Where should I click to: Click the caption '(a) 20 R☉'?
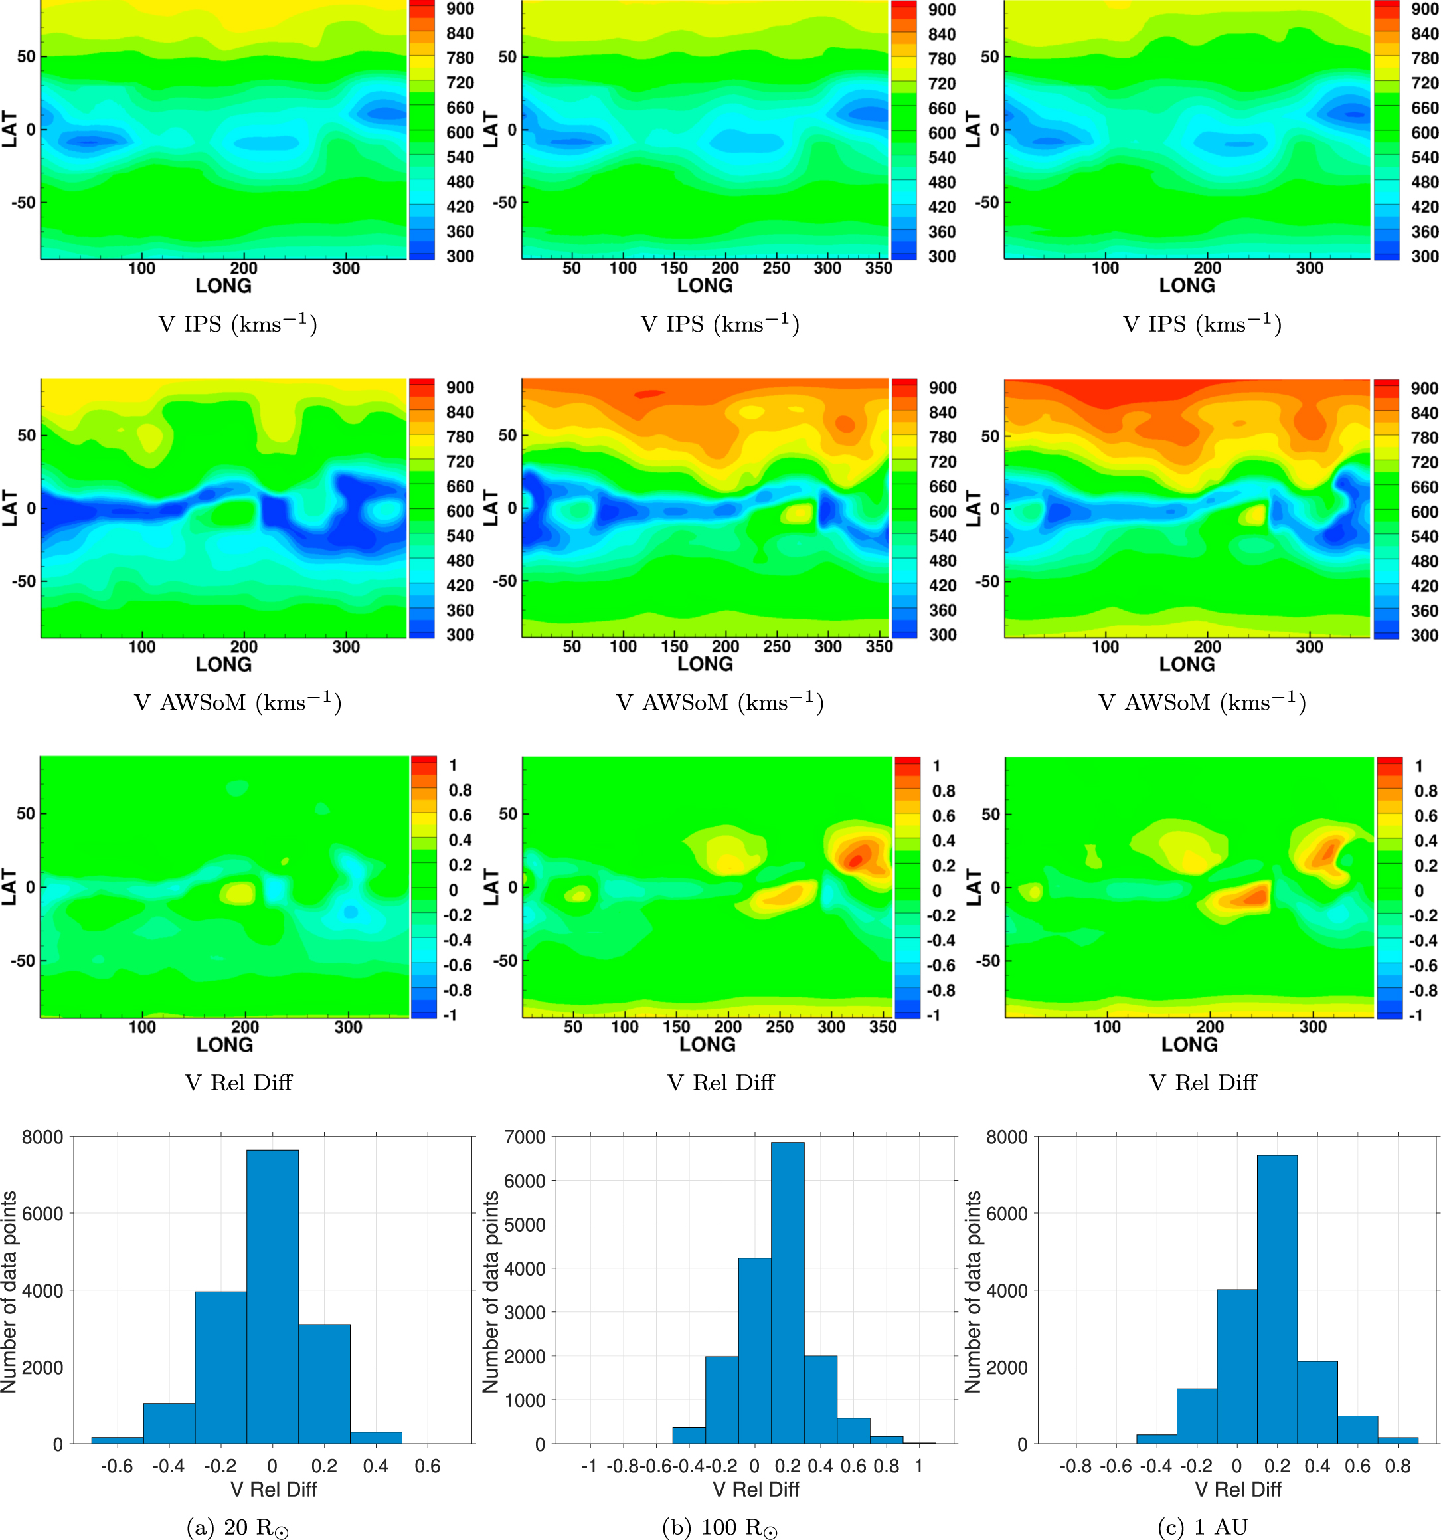pyautogui.click(x=238, y=1527)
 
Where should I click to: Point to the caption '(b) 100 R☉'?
pyautogui.click(x=719, y=1527)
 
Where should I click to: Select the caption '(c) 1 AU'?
pyautogui.click(x=1203, y=1527)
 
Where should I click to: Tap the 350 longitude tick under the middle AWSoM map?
pyautogui.click(x=879, y=647)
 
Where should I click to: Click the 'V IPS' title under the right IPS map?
pyautogui.click(x=1203, y=323)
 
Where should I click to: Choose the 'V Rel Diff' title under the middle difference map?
pyautogui.click(x=720, y=1082)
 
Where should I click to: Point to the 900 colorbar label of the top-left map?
pyautogui.click(x=460, y=9)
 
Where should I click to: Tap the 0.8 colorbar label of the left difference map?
pyautogui.click(x=460, y=790)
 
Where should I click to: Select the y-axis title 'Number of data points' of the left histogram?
pyautogui.click(x=9, y=1292)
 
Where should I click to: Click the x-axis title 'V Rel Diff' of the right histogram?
pyautogui.click(x=1237, y=1489)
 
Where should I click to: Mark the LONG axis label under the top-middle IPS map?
pyautogui.click(x=705, y=286)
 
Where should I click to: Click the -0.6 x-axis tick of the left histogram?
pyautogui.click(x=117, y=1466)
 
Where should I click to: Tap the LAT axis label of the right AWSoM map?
pyautogui.click(x=974, y=508)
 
